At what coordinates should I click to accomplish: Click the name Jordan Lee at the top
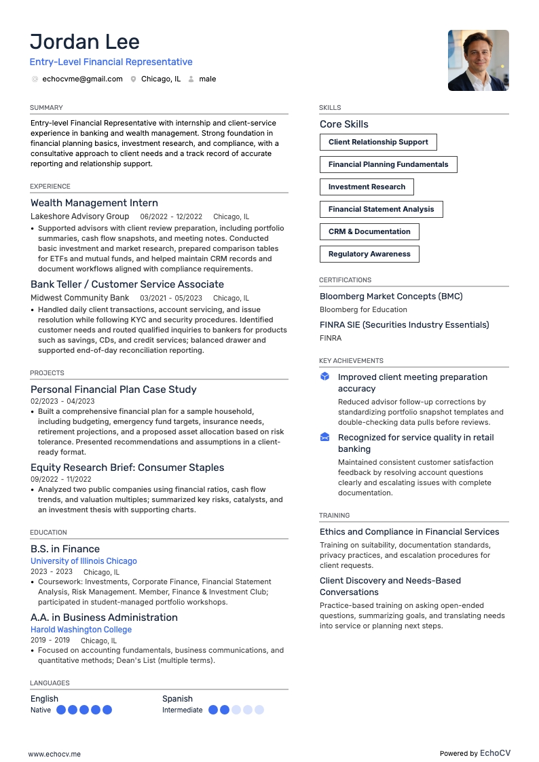(x=85, y=42)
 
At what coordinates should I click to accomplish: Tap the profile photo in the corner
(x=478, y=60)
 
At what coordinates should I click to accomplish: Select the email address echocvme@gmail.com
(x=82, y=79)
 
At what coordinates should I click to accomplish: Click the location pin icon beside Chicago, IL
(x=134, y=79)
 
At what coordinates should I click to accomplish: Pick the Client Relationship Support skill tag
(x=378, y=142)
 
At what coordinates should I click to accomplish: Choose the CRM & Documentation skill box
(x=369, y=231)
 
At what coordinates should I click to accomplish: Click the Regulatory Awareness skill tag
(x=369, y=254)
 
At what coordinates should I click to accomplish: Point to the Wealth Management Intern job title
(x=94, y=203)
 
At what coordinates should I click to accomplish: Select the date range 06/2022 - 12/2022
(x=171, y=216)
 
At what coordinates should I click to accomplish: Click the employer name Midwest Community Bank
(x=79, y=298)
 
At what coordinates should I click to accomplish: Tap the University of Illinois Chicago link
(x=83, y=561)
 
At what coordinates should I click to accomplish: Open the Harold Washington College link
(x=81, y=630)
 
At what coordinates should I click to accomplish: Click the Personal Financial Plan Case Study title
(x=113, y=389)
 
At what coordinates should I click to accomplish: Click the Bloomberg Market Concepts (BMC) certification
(x=391, y=297)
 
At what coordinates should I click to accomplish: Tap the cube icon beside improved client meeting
(x=324, y=377)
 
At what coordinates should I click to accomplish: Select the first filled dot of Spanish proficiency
(x=213, y=710)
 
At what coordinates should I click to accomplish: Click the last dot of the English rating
(x=107, y=710)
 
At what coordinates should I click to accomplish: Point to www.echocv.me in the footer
(x=54, y=753)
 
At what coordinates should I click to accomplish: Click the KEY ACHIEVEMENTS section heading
(x=351, y=361)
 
